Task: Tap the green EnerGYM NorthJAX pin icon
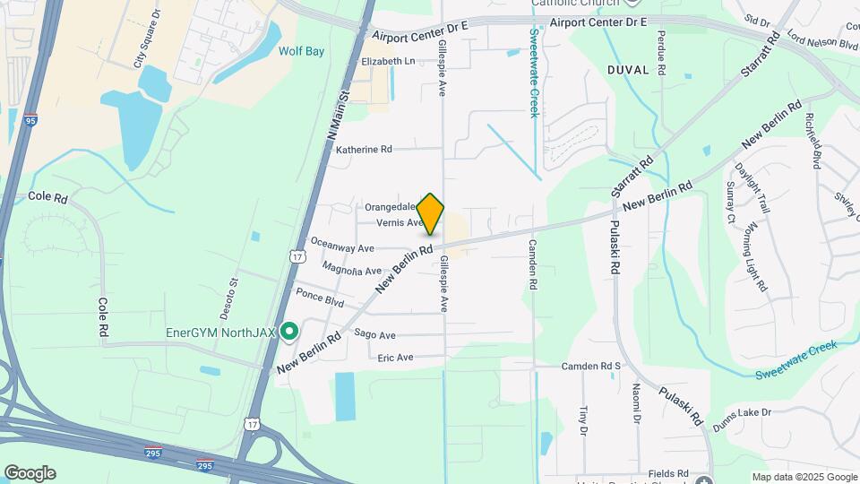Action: click(288, 333)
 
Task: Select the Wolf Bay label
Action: click(301, 52)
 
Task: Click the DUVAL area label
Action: click(627, 69)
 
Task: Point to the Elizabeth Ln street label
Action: click(388, 61)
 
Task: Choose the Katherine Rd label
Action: click(364, 150)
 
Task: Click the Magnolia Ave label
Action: click(352, 270)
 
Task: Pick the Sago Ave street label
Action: click(374, 335)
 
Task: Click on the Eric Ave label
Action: click(395, 357)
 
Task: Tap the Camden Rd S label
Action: click(590, 367)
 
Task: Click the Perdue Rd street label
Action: click(662, 51)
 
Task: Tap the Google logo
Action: click(30, 473)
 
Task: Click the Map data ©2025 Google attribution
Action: click(804, 477)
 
